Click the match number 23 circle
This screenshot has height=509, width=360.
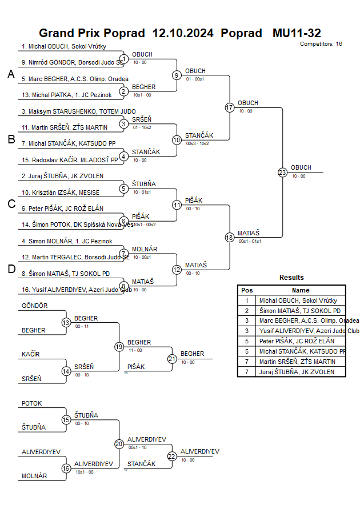pyautogui.click(x=282, y=172)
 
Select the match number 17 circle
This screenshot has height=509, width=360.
pyautogui.click(x=230, y=107)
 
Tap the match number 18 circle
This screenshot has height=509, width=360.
pyautogui.click(x=230, y=237)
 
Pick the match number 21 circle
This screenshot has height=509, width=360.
pyautogui.click(x=172, y=359)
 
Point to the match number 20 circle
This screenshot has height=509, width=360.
pyautogui.click(x=119, y=444)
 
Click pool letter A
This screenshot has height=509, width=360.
pyautogui.click(x=10, y=74)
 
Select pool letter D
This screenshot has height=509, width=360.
pyautogui.click(x=10, y=269)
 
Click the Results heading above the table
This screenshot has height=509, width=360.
pyautogui.click(x=291, y=278)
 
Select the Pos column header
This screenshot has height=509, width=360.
pyautogui.click(x=247, y=290)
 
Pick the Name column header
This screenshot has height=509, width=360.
pyautogui.click(x=301, y=290)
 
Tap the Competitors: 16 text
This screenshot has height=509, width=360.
pyautogui.click(x=321, y=43)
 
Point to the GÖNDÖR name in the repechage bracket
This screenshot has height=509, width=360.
pyautogui.click(x=34, y=306)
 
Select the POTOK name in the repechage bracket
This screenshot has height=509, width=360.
pyautogui.click(x=31, y=403)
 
